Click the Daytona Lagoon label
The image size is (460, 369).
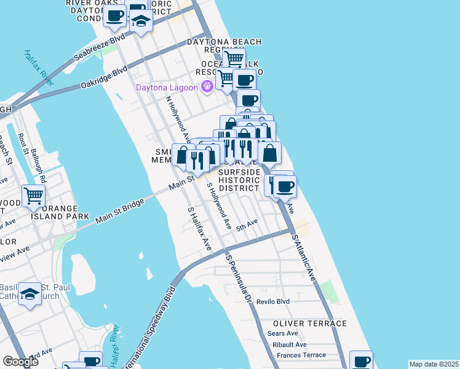click(x=167, y=87)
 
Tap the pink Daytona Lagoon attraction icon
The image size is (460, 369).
click(x=207, y=87)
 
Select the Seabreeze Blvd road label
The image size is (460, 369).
click(x=99, y=47)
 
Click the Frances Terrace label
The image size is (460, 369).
click(x=301, y=355)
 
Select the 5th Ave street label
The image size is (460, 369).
click(x=247, y=223)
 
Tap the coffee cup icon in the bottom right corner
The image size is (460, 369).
click(x=361, y=361)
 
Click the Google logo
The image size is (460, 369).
click(x=20, y=362)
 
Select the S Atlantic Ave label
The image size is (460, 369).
click(x=304, y=258)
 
